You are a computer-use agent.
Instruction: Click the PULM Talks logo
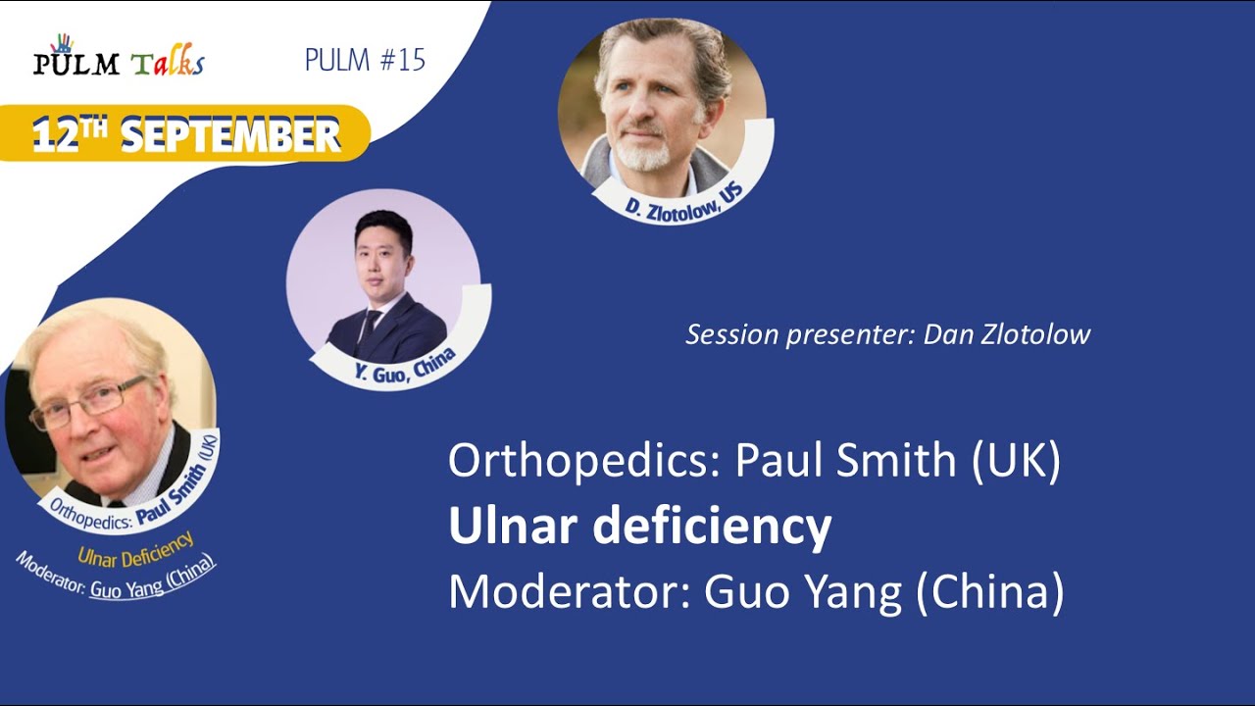click(x=118, y=61)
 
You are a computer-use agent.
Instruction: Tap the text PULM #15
click(x=365, y=60)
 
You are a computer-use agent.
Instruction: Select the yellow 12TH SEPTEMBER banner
click(x=186, y=133)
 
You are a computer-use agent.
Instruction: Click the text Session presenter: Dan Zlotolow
click(x=887, y=334)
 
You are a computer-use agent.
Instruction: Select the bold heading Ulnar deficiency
click(x=639, y=527)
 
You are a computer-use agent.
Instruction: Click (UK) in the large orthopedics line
click(x=1017, y=462)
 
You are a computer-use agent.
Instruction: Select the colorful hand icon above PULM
click(x=62, y=42)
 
